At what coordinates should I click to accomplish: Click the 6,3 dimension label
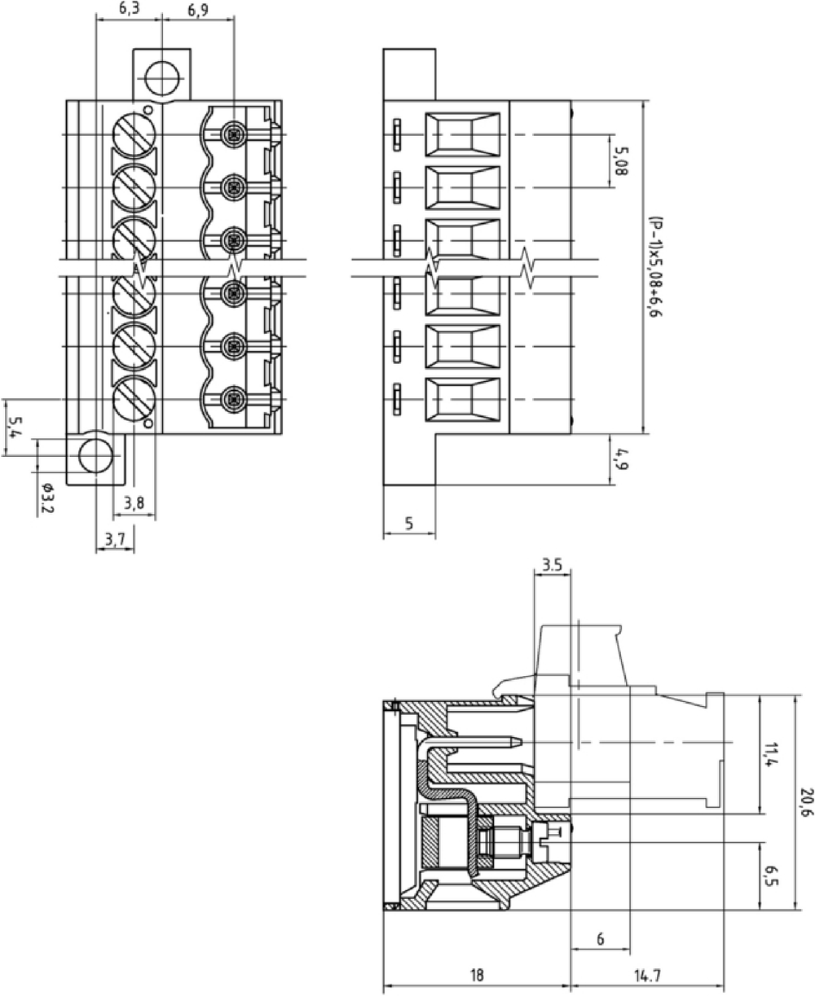coord(129,8)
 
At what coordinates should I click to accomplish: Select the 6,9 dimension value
coord(198,10)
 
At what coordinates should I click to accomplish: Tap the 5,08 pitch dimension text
coord(621,161)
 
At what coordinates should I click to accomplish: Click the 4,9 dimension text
coord(621,459)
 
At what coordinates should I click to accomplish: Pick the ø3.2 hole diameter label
coord(47,498)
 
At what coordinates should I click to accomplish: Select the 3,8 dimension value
coord(134,503)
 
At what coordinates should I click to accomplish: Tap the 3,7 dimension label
coord(114,538)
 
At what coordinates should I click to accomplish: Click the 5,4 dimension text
coord(16,428)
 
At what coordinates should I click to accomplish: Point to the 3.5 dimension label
coord(552,565)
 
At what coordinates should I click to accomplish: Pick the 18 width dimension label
coord(477,975)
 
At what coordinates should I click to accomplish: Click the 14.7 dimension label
coord(647,975)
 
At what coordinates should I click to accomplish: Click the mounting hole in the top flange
coord(163,78)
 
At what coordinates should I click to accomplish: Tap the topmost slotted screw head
coord(134,135)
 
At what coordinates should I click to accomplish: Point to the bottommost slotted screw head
coord(134,400)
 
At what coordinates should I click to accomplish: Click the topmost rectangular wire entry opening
coord(462,135)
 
